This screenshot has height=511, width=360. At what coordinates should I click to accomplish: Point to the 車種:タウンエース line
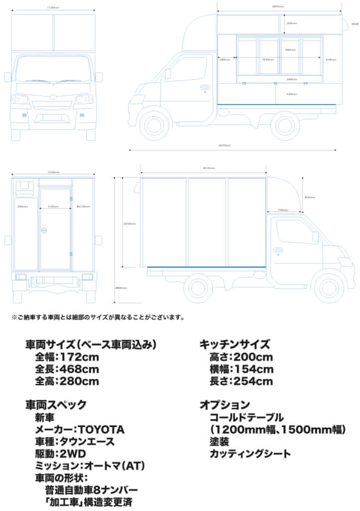(75, 441)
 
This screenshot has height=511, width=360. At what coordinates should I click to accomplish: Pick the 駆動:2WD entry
(60, 453)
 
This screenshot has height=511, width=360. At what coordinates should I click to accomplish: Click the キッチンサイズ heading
(234, 344)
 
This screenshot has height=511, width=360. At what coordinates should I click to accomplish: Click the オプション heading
(224, 405)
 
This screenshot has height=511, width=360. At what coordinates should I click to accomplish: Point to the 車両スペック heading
(55, 405)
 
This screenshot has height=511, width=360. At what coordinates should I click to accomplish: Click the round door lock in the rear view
(44, 230)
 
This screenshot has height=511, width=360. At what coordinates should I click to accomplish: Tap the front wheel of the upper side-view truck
(154, 124)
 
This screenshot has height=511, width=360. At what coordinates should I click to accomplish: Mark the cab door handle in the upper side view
(204, 87)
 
